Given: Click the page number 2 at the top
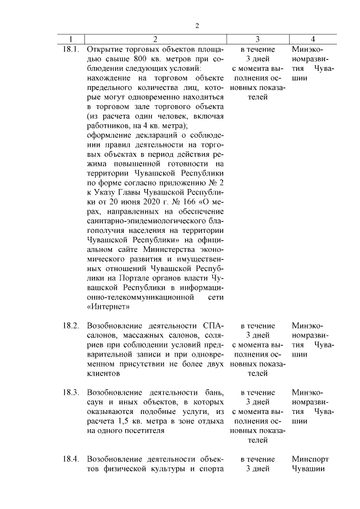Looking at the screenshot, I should pos(197,25).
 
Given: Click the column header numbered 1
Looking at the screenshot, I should pos(71,39).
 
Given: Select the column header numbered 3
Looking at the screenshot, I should pos(257,39).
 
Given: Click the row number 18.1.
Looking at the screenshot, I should pos(71,49).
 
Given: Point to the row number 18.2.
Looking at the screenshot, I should pos(71,326).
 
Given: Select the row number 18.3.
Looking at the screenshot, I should pos(71,391).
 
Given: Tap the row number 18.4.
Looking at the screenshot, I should pos(71,459).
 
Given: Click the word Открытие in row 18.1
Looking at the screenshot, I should pos(105,49).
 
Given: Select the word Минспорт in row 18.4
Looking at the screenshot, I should pos(310,459).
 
